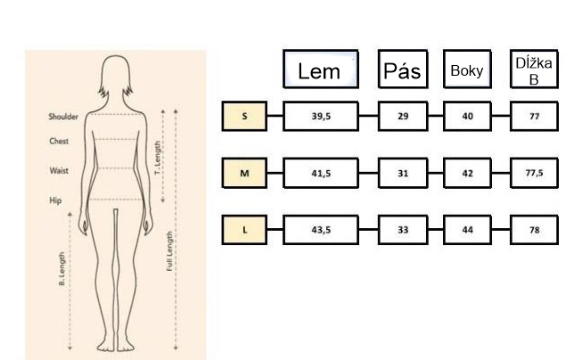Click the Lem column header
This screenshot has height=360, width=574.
pos(320,69)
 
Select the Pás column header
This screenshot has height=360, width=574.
pos(401,69)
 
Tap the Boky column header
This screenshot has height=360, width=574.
pos(466,70)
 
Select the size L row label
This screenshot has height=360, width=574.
pos(244,229)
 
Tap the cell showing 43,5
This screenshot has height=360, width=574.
pos(321,229)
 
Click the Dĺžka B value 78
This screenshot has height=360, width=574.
pos(535,229)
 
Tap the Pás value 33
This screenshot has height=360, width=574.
pos(402,229)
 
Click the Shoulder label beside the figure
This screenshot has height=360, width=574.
pos(63,117)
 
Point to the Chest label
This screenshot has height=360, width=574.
pos(59,141)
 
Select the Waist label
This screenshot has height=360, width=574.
pos(59,170)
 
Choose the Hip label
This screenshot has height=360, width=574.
pos(55,200)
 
